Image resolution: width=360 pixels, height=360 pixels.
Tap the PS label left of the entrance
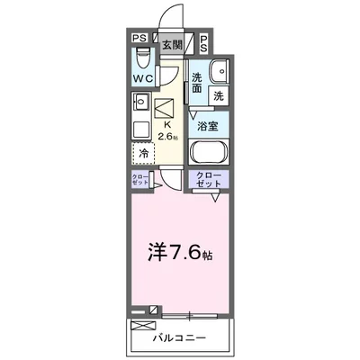pos(139,39)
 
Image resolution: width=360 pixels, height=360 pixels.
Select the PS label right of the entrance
pos(204,41)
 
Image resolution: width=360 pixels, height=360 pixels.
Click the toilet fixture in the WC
pos(141,59)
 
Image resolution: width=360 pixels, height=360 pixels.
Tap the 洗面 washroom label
pos(197,83)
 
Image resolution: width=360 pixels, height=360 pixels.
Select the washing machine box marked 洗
pos(219,94)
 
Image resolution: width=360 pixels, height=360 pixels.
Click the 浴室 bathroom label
pos(208,127)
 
